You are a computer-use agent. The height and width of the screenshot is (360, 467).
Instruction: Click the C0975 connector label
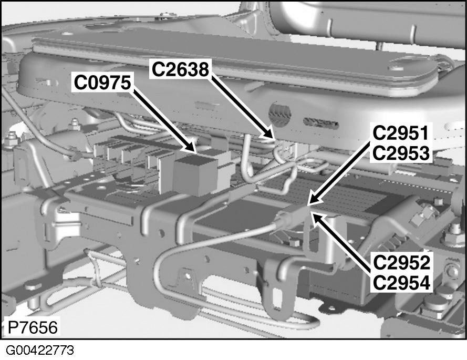click(102, 83)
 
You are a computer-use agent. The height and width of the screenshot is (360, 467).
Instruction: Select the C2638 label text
click(180, 69)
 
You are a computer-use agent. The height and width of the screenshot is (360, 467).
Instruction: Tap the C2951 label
click(401, 133)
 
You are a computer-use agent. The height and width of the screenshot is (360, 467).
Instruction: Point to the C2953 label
click(401, 153)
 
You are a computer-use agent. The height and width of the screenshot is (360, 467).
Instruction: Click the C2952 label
click(401, 263)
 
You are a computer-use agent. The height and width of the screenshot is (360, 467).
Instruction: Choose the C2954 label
click(401, 283)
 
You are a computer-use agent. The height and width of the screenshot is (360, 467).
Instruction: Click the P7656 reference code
click(32, 327)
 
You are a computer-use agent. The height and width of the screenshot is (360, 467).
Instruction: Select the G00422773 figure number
click(40, 351)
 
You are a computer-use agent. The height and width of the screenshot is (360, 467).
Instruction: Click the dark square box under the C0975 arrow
click(195, 176)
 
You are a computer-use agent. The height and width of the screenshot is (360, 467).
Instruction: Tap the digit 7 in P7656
click(23, 327)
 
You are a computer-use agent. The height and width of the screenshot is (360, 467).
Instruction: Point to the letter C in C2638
click(158, 69)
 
